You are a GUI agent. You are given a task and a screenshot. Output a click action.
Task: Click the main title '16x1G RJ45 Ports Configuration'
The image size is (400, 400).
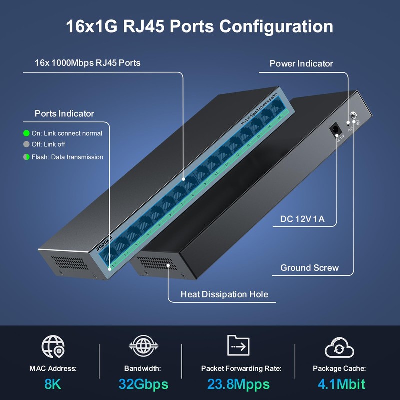point(200,26)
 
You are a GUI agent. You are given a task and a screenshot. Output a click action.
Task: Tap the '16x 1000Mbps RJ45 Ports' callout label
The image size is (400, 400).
point(87,63)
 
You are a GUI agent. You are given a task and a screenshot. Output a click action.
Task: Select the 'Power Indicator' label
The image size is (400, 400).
point(301,63)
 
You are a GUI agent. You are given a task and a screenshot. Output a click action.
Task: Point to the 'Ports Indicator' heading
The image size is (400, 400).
point(64,113)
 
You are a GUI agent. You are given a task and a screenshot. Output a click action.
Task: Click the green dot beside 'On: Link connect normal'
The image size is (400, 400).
point(27,133)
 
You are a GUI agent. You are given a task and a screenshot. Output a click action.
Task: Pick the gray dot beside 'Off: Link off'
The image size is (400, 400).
point(27,144)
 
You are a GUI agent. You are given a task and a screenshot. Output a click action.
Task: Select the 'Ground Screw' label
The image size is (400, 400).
point(309,268)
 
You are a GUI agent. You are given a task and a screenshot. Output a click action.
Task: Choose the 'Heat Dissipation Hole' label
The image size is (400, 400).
point(224,294)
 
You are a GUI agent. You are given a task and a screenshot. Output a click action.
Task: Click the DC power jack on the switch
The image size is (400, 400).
point(335,130)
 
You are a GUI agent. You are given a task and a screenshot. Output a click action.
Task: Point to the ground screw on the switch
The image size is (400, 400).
point(354,115)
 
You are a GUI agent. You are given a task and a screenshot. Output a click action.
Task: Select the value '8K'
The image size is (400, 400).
point(53,384)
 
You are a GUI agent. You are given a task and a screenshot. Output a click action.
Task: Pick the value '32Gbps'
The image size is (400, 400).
point(143,384)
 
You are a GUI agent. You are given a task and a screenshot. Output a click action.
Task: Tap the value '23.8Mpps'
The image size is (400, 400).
point(238,384)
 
